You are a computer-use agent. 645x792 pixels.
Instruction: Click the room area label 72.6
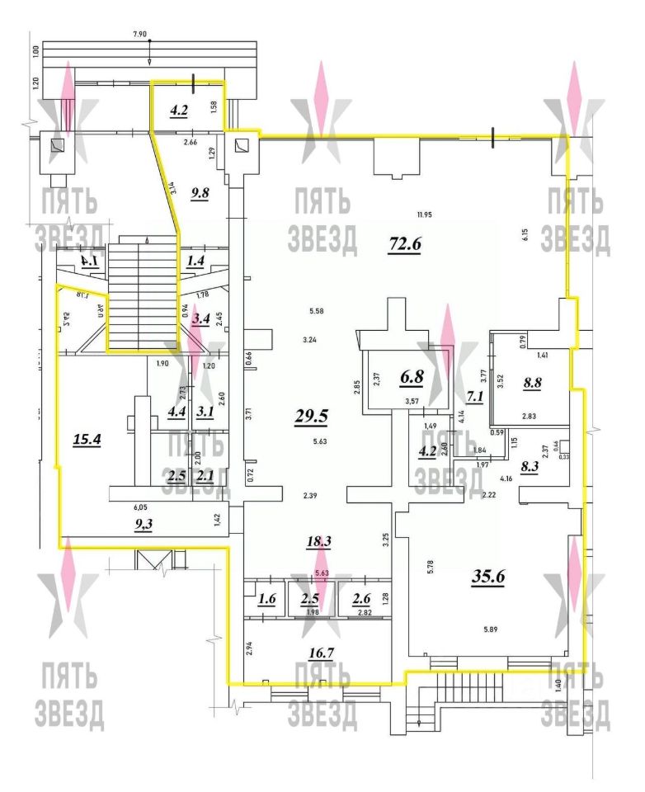405,243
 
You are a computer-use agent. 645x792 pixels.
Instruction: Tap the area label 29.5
312,416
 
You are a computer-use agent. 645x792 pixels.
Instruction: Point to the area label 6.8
412,376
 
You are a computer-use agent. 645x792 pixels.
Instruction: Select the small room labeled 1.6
268,597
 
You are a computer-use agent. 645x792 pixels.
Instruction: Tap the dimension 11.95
425,215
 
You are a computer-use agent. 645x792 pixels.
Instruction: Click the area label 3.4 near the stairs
200,318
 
